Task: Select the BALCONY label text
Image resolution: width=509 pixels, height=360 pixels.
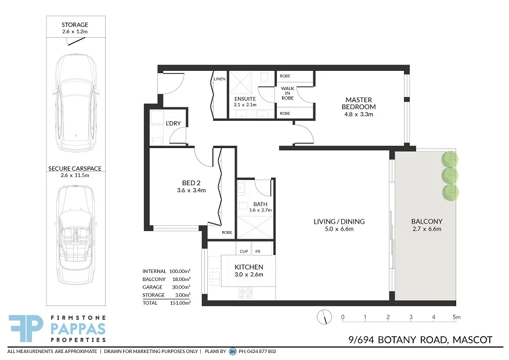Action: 427,221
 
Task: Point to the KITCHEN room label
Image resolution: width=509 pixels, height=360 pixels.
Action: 248,267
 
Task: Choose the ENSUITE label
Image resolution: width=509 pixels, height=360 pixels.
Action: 244,99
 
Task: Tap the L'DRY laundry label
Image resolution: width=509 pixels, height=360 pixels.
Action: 172,124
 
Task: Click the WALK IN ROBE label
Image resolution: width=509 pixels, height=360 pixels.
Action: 287,93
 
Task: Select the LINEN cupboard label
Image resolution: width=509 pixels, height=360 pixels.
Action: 219,79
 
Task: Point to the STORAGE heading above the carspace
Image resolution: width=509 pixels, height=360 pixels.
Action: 75,25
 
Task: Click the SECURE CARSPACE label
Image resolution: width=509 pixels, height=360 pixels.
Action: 75,168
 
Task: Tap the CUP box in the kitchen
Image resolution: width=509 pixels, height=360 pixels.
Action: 244,251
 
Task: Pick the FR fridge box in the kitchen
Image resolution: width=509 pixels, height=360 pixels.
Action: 258,251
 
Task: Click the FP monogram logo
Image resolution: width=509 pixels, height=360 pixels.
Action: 26,329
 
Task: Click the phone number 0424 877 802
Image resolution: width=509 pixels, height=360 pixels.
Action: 259,351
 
